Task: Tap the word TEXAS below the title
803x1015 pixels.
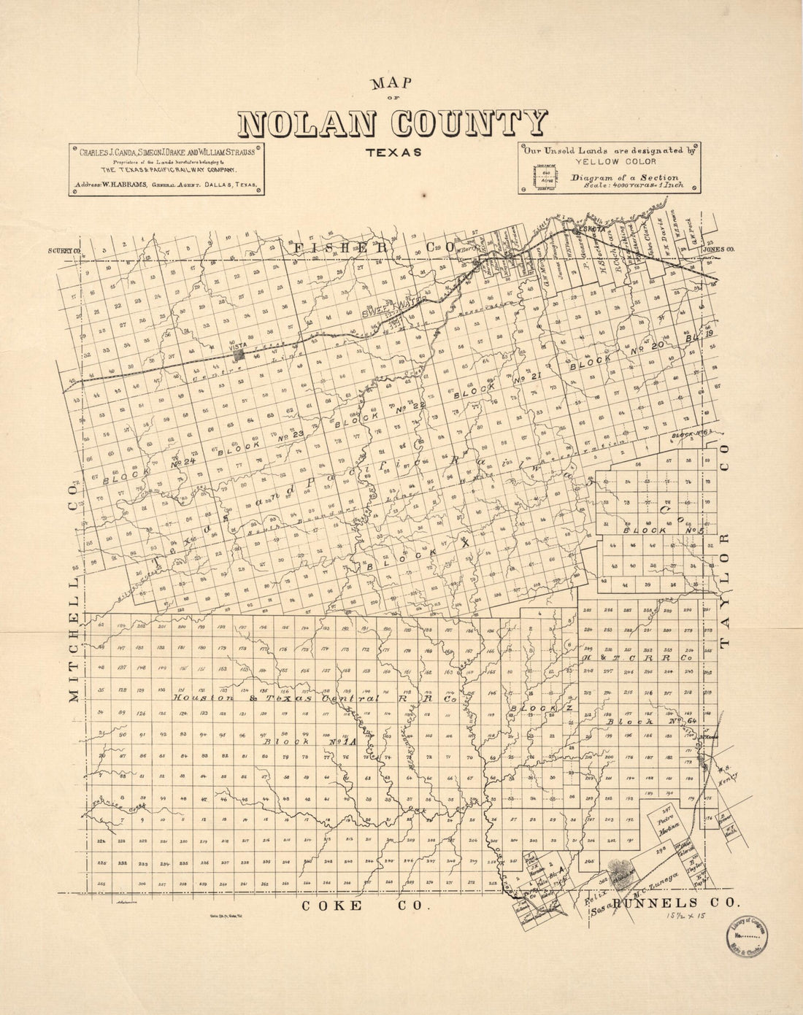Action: pos(394,153)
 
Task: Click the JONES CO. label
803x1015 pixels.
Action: pos(718,250)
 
